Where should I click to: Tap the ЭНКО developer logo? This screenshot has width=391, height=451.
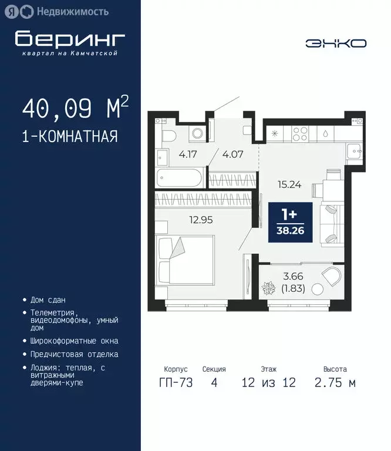click(336, 43)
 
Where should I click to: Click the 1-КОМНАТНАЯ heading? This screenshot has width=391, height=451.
click(69, 137)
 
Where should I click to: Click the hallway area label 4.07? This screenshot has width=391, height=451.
click(233, 156)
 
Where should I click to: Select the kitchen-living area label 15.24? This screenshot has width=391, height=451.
click(289, 184)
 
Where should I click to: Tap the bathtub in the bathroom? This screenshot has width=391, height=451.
click(179, 176)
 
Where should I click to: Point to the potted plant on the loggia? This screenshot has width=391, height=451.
click(269, 289)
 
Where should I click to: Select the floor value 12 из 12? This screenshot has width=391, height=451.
click(269, 383)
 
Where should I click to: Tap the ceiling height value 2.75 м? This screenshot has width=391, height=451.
click(335, 383)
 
